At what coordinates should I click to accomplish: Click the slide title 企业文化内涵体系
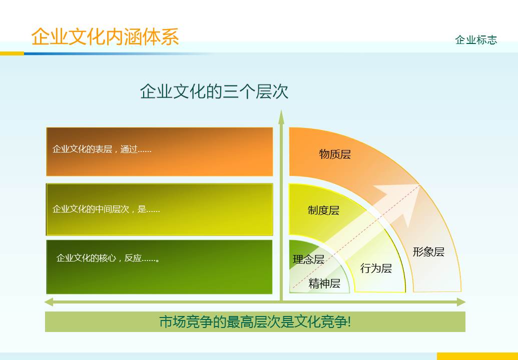pos(105,37)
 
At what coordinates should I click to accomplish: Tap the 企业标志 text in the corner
pos(476,40)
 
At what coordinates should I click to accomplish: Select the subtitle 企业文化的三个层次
pos(214,92)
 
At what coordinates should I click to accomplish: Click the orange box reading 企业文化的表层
pos(160,151)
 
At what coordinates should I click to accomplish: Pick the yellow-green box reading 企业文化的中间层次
pos(160,209)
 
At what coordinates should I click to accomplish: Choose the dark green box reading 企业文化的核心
pos(160,267)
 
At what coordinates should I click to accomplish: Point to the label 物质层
pos(335,154)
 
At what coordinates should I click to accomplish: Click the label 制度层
pos(323,210)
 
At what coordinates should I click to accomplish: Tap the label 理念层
pos(308,259)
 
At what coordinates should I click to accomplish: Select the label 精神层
pos(324,283)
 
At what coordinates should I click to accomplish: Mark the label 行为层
pos(376,268)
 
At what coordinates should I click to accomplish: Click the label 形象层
pos(428,252)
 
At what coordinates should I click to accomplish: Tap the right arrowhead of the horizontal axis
pos(461,302)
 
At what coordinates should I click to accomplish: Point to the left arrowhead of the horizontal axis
pos(49,302)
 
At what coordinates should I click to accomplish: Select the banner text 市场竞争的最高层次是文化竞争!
pos(255,321)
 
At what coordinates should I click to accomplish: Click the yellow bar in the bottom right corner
pos(477,356)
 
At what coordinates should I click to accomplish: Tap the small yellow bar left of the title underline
pos(12,53)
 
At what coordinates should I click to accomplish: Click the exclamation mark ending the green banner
pos(349,321)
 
